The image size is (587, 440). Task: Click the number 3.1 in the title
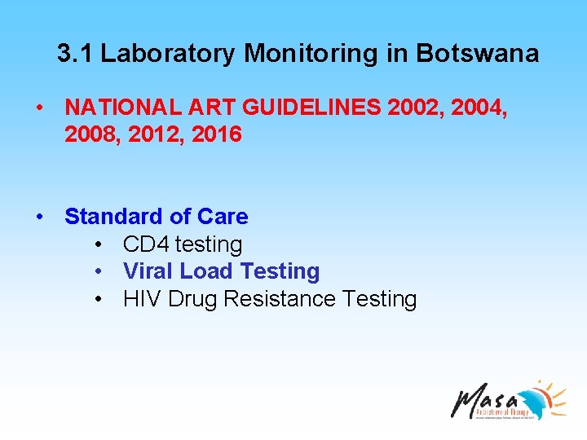[x=76, y=54]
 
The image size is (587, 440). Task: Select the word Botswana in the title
[x=477, y=54]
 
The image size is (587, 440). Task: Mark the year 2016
[x=216, y=134]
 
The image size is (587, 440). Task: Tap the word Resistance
[x=280, y=299]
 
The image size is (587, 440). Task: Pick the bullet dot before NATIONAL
[x=39, y=108]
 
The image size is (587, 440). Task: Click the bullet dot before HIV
[x=98, y=300]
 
